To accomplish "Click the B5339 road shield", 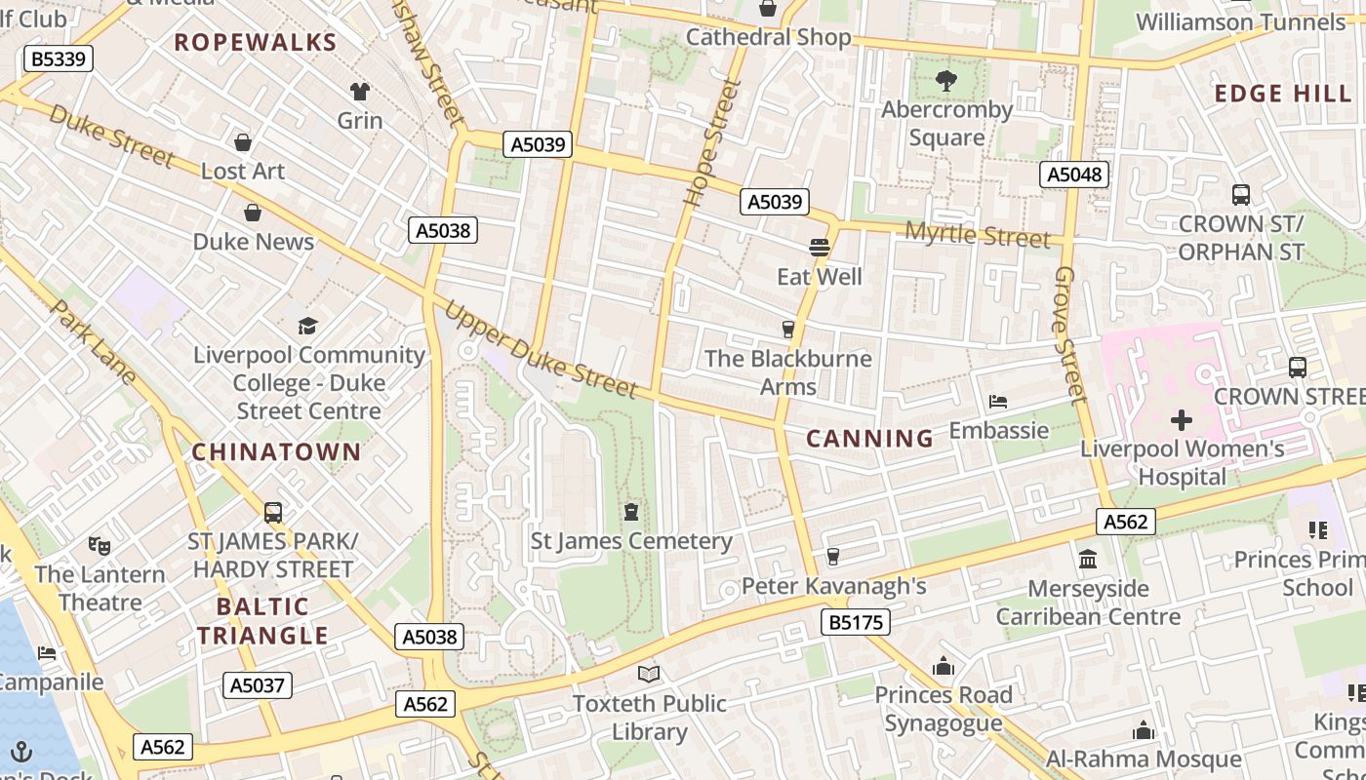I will (58, 58).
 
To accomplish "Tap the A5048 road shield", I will (1075, 175).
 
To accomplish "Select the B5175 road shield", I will (856, 622).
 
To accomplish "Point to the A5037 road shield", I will (258, 685).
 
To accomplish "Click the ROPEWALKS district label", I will (256, 42).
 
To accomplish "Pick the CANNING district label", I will (870, 439).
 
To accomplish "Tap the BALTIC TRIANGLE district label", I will (261, 621).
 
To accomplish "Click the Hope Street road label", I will (712, 143).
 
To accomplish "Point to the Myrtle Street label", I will (978, 235).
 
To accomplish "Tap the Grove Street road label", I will (1069, 334).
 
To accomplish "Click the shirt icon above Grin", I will (360, 92).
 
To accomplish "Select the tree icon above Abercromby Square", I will (945, 81).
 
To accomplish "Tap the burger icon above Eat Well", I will (820, 248).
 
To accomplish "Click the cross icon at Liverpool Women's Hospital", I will (1182, 421).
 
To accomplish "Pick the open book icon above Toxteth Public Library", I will (649, 674).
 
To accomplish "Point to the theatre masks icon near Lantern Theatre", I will (100, 545).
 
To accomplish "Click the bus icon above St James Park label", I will (273, 513).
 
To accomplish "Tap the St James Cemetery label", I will (631, 540).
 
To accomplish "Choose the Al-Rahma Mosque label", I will (1144, 759).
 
